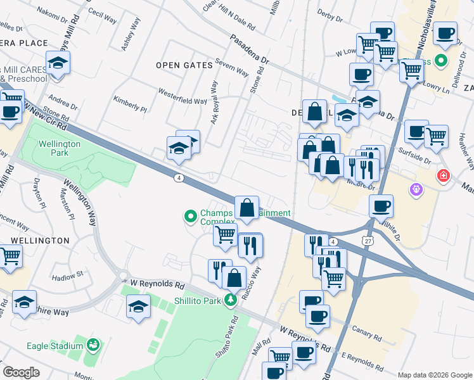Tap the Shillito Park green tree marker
[x=231, y=300]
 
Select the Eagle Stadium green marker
[x=93, y=345]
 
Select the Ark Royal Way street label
[x=214, y=101]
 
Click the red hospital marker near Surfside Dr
[x=444, y=175]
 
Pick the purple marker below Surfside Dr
[x=416, y=189]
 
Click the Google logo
[x=21, y=372]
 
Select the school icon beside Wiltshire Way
[x=24, y=302]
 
